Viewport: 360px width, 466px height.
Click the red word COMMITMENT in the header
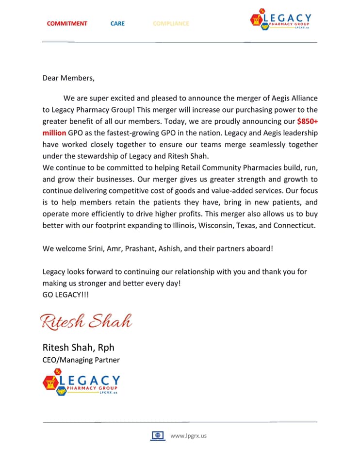pyautogui.click(x=67, y=23)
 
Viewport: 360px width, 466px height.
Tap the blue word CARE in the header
pyautogui.click(x=117, y=23)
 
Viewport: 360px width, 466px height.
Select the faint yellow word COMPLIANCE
pyautogui.click(x=171, y=23)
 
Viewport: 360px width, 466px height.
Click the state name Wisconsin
pyautogui.click(x=233, y=225)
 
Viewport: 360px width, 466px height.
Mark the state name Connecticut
pyautogui.click(x=294, y=225)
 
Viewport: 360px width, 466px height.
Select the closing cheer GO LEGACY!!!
pyautogui.click(x=66, y=295)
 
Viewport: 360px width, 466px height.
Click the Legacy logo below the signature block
pyautogui.click(x=81, y=382)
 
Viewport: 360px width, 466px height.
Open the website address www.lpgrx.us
pyautogui.click(x=188, y=435)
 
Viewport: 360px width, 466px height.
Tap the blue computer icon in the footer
pyautogui.click(x=158, y=435)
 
